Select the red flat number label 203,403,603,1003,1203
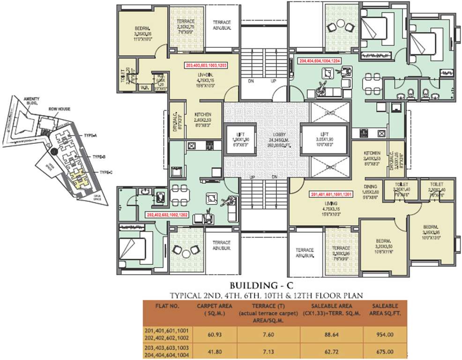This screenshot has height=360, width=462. click(206, 66)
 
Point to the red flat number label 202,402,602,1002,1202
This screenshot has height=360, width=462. click(167, 215)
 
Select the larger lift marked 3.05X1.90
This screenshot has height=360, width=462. click(325, 139)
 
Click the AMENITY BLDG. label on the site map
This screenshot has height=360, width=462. click(31, 101)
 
